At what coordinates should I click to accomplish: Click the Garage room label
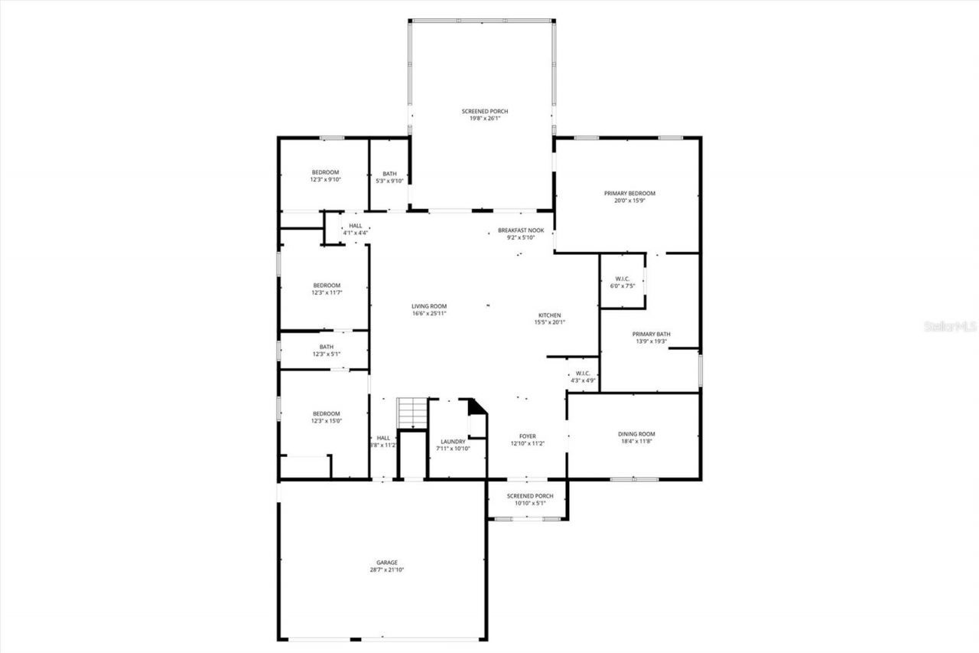[386, 566]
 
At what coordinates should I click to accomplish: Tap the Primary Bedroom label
[629, 197]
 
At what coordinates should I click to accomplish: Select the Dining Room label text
[636, 438]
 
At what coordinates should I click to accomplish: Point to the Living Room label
[429, 309]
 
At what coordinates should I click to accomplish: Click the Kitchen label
[549, 318]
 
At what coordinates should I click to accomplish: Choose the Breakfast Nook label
[520, 233]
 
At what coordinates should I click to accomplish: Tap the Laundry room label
[453, 445]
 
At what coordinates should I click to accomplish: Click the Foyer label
[527, 439]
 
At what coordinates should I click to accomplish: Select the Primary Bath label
[651, 338]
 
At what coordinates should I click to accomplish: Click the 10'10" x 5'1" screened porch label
[527, 499]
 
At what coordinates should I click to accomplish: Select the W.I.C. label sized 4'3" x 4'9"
[583, 377]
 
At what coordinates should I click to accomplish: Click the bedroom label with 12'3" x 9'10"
[324, 175]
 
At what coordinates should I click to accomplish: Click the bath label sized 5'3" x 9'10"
[389, 177]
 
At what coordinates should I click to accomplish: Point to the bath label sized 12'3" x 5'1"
[326, 350]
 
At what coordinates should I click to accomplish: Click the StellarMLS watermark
[950, 326]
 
